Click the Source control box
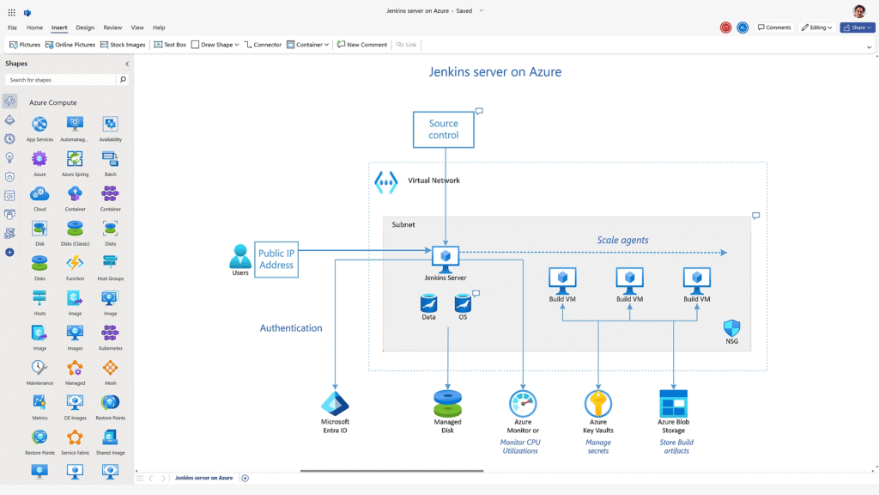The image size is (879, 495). coord(443,130)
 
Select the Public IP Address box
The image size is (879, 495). coord(276,260)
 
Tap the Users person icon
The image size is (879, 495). coord(240,256)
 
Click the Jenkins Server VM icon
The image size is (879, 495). coord(446,256)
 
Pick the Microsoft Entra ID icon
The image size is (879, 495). coord(335,404)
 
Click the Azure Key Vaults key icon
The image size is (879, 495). coord(598,403)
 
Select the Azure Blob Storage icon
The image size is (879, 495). coord(673,403)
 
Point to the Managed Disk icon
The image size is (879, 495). coord(447,403)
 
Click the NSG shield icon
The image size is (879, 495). coord(731,328)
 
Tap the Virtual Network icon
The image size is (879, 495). coord(386,182)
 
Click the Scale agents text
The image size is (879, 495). coord(622,240)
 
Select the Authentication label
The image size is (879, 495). coord(291,328)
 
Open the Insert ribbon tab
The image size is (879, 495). coord(59,27)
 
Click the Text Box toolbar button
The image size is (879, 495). coord(170,45)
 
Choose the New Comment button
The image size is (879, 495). coord(361,45)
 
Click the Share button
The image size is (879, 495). coord(856,27)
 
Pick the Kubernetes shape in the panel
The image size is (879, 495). coord(110,335)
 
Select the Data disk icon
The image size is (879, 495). coord(428,303)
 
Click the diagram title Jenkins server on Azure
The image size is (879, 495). coord(495,72)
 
